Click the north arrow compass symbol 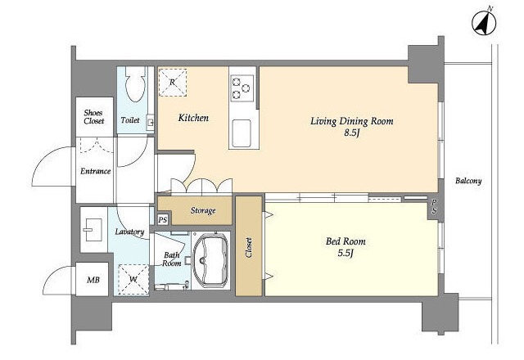(x=484, y=22)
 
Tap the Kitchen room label (x=193, y=118)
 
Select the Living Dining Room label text (x=352, y=121)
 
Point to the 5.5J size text (x=346, y=253)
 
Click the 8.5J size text (x=351, y=133)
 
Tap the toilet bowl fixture (x=135, y=83)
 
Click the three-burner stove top (x=242, y=88)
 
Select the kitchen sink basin (x=242, y=133)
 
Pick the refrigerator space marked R (x=173, y=83)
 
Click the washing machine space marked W (x=133, y=280)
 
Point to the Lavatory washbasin (x=93, y=230)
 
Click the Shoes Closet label (x=93, y=116)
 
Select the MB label (x=93, y=280)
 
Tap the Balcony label (x=468, y=181)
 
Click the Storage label (x=203, y=210)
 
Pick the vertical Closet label (x=249, y=247)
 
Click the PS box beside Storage (x=163, y=220)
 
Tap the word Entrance (x=95, y=171)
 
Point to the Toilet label (x=130, y=119)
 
